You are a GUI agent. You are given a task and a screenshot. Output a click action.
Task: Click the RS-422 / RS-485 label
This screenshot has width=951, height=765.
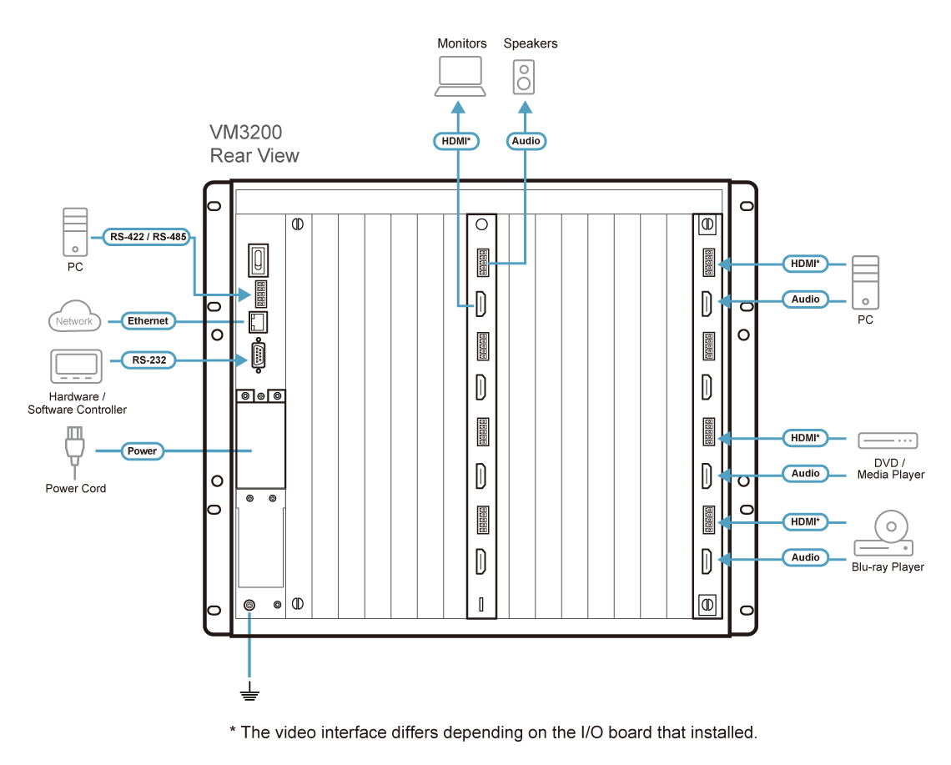click(x=148, y=237)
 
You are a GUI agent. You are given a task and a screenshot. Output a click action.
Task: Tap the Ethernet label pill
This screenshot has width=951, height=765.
click(x=148, y=320)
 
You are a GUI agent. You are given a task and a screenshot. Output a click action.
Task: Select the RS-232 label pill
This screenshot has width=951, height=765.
click(x=147, y=360)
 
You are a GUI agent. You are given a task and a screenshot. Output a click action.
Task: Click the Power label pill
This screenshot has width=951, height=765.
click(x=142, y=450)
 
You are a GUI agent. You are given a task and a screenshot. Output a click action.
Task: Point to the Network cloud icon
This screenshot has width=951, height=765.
click(x=75, y=320)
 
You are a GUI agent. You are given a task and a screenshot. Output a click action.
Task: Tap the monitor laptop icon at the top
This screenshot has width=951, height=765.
click(x=460, y=77)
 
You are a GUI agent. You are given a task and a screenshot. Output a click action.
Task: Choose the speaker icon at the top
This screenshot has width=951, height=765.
click(x=523, y=78)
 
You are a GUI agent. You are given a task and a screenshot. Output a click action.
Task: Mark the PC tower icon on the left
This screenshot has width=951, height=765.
click(x=75, y=232)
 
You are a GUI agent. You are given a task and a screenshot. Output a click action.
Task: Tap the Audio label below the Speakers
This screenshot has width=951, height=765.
click(x=526, y=141)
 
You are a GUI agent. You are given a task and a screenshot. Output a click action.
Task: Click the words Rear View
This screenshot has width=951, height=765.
click(x=254, y=156)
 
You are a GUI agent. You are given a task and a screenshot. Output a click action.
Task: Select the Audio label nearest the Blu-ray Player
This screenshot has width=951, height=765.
click(x=805, y=557)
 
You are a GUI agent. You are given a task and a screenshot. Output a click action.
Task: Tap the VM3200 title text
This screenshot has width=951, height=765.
click(x=246, y=133)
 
